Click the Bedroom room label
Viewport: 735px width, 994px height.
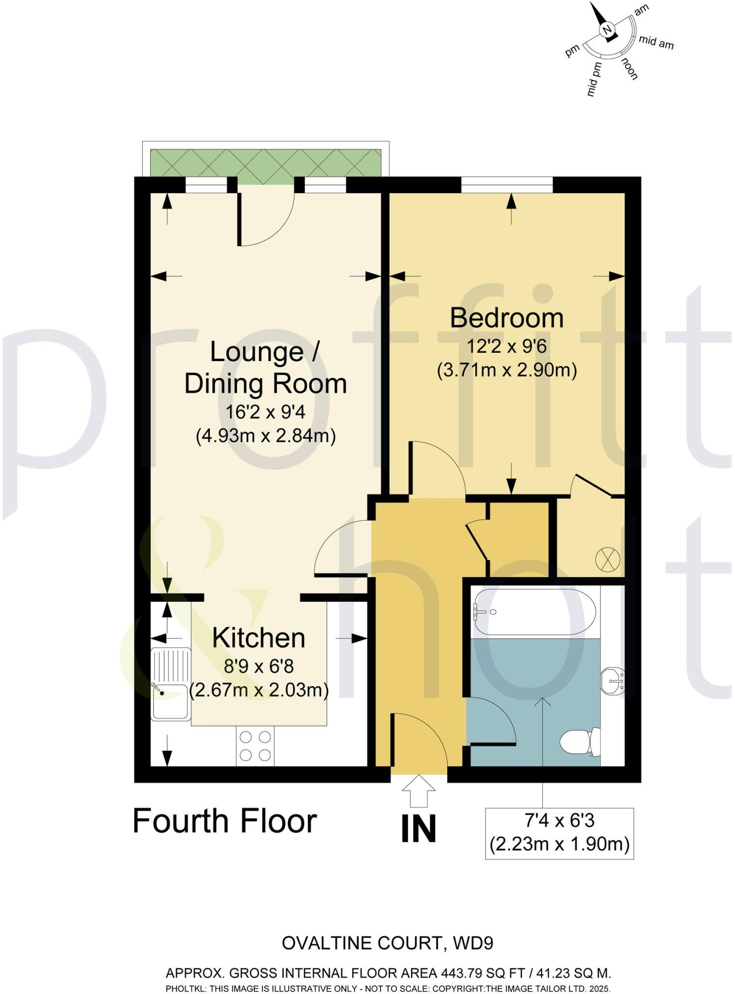[506, 318]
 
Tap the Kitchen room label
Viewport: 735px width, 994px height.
[258, 638]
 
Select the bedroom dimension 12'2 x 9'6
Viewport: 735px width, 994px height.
[506, 347]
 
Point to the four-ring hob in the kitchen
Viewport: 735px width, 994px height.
[255, 746]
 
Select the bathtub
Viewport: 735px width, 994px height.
[534, 612]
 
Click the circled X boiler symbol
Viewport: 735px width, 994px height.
[607, 559]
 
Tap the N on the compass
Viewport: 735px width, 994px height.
[606, 30]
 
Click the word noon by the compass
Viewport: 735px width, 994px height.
[630, 68]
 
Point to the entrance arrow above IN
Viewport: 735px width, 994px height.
[419, 791]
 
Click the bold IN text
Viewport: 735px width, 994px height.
[418, 829]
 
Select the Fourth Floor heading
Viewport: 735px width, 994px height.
[225, 821]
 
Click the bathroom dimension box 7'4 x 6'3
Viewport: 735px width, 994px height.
[559, 833]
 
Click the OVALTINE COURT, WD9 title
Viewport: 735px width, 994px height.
[387, 943]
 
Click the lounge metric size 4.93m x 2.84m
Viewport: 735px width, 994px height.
[266, 435]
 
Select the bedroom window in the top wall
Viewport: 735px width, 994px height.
[506, 184]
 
